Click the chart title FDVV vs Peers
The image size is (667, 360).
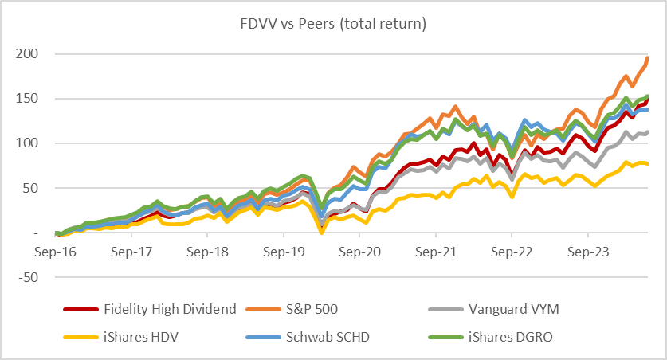pyautogui.click(x=333, y=24)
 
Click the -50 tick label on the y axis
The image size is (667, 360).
pyautogui.click(x=31, y=277)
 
